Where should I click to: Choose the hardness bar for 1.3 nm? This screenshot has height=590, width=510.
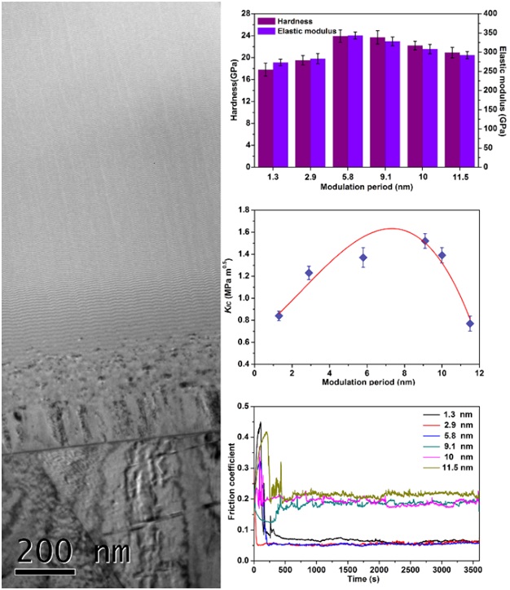(x=266, y=118)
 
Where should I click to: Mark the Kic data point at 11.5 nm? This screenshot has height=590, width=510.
(x=470, y=324)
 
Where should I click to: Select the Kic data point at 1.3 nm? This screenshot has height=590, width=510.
(x=279, y=315)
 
